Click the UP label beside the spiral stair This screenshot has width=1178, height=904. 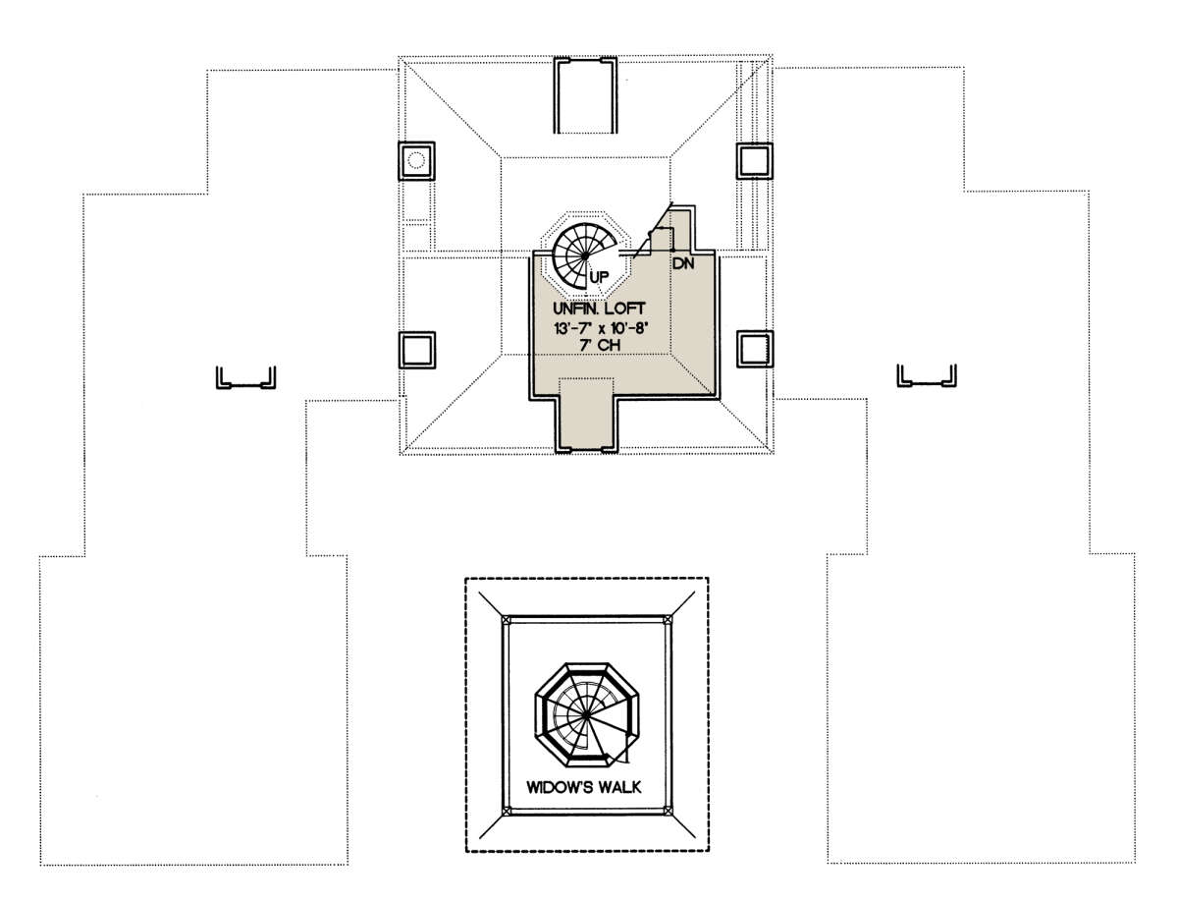(x=599, y=277)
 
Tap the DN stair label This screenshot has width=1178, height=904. (x=683, y=263)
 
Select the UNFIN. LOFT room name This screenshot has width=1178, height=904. (x=599, y=309)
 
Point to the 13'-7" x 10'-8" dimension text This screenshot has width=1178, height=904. (x=601, y=328)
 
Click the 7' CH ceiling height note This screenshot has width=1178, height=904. (x=601, y=345)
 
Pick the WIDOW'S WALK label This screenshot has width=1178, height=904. (x=584, y=787)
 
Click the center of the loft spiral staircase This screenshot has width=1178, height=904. (x=585, y=255)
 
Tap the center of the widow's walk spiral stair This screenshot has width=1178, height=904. (x=587, y=716)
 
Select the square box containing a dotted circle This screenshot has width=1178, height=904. (x=416, y=160)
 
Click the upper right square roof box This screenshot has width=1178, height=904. (x=755, y=160)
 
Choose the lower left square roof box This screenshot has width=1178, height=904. (x=417, y=350)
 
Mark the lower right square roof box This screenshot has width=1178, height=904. (x=755, y=349)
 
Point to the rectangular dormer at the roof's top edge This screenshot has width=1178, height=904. (x=585, y=95)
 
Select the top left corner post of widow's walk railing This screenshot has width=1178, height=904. (x=506, y=619)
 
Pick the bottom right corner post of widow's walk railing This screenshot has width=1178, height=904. (x=668, y=812)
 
